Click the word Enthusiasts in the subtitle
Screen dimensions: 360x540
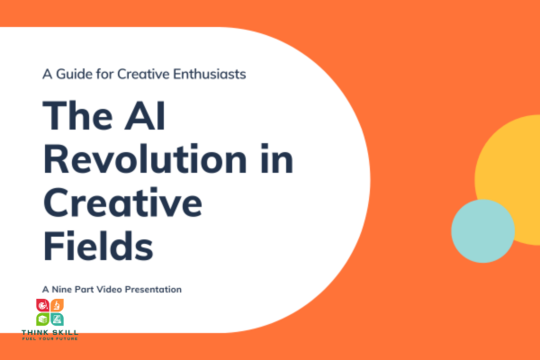point(208,73)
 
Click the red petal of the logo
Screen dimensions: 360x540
point(42,308)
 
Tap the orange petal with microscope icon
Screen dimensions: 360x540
point(57,308)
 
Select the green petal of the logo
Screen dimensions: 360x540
point(42,320)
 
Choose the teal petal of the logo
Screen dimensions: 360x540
point(57,320)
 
